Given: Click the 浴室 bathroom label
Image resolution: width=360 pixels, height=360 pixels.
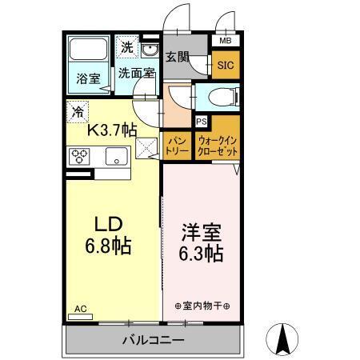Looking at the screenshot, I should click(x=88, y=79).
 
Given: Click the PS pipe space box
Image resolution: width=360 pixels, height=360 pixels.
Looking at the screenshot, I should click(x=202, y=122).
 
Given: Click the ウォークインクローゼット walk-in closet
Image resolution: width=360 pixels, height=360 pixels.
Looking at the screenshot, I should click(x=216, y=145).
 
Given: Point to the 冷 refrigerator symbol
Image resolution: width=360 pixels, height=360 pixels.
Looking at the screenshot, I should click(x=78, y=113).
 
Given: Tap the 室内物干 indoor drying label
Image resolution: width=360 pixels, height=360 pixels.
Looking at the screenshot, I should click(x=202, y=305).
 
